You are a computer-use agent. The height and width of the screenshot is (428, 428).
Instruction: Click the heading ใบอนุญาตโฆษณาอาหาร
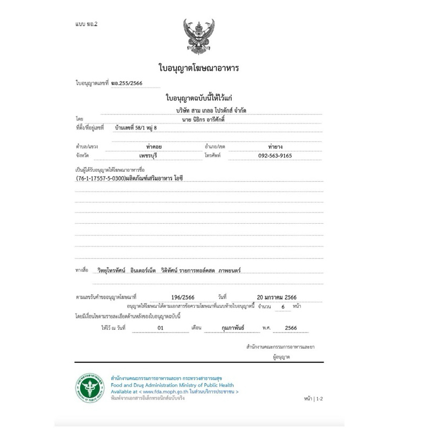(x=198, y=68)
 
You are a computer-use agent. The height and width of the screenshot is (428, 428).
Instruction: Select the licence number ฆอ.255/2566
(x=127, y=83)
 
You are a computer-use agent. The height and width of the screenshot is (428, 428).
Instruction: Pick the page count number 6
(x=283, y=307)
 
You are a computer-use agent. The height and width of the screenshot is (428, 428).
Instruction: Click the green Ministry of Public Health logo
(x=88, y=386)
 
